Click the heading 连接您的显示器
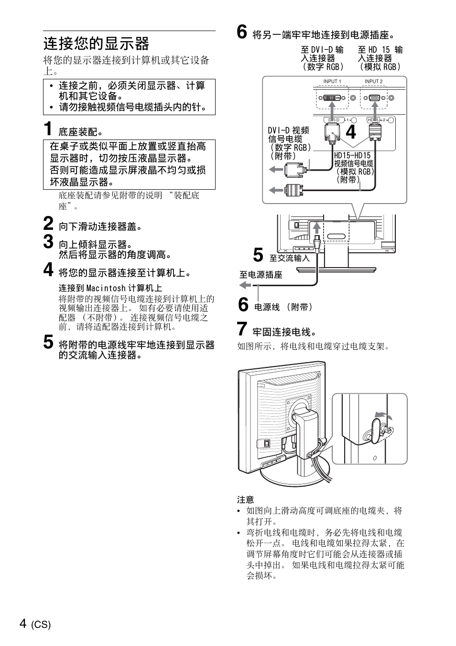coord(96,44)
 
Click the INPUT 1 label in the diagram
coord(332,82)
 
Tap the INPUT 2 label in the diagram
coord(373,82)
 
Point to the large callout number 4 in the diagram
coord(351,132)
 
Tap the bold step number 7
coord(242,330)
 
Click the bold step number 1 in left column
coord(48,129)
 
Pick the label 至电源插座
coord(261,275)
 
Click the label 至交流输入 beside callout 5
coord(290,258)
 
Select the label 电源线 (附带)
coord(283,307)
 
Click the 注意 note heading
coord(246,500)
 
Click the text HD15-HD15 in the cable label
coord(352,156)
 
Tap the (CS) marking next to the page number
coord(41,625)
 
